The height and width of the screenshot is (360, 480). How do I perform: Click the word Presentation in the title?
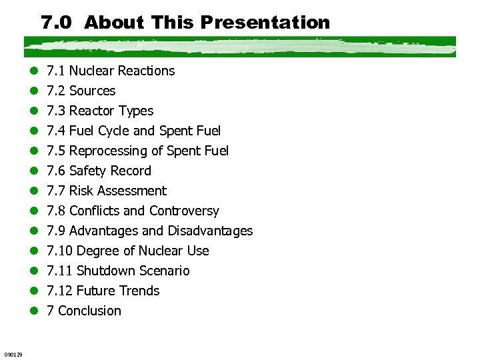(265, 23)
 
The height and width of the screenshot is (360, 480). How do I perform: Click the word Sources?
(92, 91)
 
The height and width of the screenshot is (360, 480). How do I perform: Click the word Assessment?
(131, 191)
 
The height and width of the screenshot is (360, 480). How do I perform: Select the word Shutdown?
(106, 271)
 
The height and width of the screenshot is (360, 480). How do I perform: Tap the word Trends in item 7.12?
(138, 291)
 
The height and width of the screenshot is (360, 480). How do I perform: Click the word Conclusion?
(90, 311)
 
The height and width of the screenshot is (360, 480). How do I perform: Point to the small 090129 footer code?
(13, 354)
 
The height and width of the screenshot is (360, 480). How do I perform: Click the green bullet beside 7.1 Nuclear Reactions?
(34, 71)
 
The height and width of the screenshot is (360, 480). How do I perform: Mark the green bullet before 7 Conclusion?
(34, 311)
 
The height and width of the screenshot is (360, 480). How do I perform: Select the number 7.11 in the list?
(59, 271)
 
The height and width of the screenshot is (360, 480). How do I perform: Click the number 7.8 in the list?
(56, 211)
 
